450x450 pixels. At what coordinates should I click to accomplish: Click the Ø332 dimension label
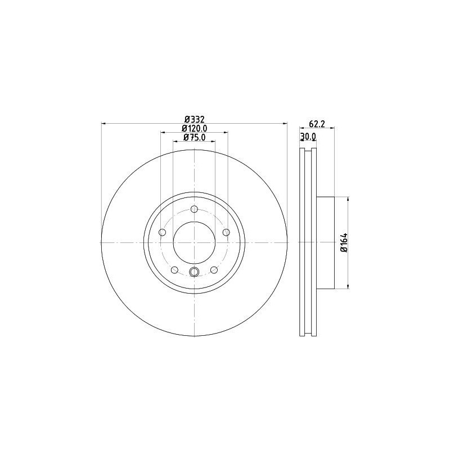194,119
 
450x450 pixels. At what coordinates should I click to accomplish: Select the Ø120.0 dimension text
194,128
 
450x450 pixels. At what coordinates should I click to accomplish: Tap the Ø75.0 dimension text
194,137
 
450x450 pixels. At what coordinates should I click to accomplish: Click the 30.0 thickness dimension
308,137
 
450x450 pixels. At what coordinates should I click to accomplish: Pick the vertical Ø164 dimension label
344,242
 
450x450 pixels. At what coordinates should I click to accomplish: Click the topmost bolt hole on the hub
194,209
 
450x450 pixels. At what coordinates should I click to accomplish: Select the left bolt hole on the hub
163,232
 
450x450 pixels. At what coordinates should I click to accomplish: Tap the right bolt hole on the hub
226,232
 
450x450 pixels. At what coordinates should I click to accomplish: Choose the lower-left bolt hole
174,270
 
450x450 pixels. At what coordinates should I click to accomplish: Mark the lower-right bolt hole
214,270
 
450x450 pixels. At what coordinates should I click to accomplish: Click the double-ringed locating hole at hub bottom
194,273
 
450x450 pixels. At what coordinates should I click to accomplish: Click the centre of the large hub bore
194,242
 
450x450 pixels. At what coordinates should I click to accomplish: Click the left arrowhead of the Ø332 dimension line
103,123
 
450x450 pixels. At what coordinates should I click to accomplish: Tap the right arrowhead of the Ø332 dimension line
285,123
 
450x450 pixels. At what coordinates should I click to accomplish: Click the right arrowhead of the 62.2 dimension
332,128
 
